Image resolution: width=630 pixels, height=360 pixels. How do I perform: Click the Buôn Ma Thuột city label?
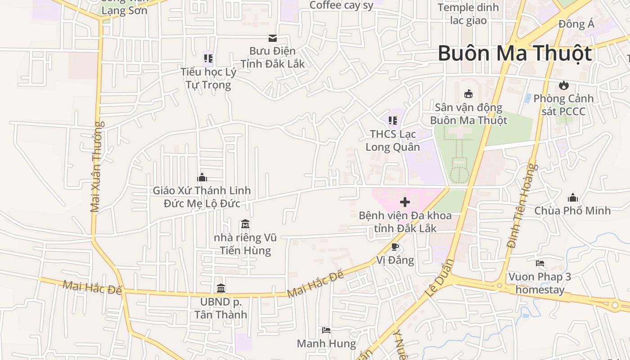coord(514,54)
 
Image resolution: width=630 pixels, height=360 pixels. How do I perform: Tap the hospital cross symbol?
coord(405,202)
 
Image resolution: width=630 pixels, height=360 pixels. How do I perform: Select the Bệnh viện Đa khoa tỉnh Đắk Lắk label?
coord(405,222)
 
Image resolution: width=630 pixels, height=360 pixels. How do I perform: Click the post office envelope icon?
coord(272,38)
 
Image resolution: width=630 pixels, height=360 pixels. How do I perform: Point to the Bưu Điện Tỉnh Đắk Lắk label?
coord(272,57)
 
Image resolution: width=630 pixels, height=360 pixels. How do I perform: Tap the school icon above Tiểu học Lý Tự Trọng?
coord(208,58)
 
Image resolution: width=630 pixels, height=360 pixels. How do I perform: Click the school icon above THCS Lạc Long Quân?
coord(392,121)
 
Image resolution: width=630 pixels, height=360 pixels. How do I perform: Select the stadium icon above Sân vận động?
coord(468,94)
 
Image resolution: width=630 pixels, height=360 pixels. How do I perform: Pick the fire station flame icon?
coord(563,85)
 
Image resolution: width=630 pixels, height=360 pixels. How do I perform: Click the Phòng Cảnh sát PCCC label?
coord(563,104)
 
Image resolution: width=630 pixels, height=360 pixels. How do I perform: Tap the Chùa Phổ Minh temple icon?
coord(572,197)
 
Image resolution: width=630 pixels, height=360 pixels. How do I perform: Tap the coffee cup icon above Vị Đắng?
coord(395,246)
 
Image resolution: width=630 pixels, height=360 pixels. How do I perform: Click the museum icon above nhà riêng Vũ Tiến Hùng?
coord(245,224)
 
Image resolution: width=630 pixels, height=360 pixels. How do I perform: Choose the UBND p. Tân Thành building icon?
coord(221,288)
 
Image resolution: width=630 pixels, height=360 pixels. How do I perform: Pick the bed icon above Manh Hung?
coord(326,330)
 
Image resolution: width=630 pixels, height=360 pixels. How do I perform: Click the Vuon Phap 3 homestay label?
coord(540,283)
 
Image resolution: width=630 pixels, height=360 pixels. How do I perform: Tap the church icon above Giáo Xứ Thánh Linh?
coord(202,177)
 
